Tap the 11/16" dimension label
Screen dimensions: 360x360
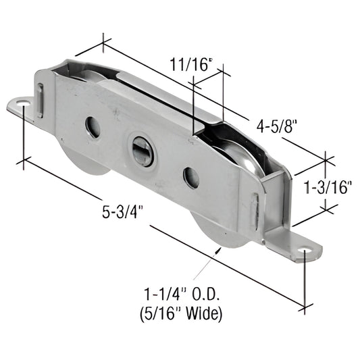tap(190, 66)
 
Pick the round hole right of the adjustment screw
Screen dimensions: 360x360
tap(191, 178)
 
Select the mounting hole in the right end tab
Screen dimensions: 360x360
tap(308, 254)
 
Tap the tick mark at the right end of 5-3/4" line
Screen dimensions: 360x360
tap(305, 305)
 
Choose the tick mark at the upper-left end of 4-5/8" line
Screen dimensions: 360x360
tap(103, 43)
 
